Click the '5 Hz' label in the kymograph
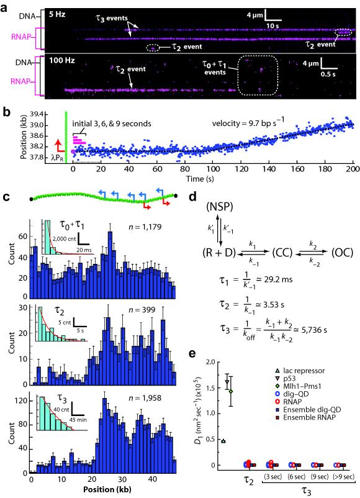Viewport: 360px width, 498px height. tap(60, 11)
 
